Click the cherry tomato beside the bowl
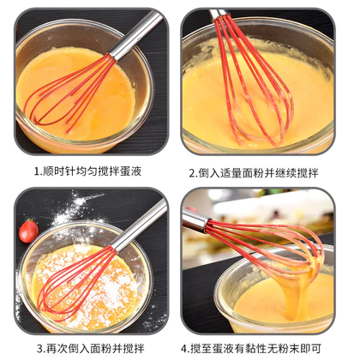coord(28,231)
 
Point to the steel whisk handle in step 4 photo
coord(195,219)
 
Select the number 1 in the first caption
coord(37,171)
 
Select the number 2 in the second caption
coord(192,173)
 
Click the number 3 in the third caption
coord(40,349)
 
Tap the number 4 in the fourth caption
coord(184,349)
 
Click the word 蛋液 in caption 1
coord(131,171)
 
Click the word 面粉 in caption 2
coord(253,173)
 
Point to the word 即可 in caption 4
coord(311,349)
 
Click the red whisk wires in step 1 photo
coord(70,93)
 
